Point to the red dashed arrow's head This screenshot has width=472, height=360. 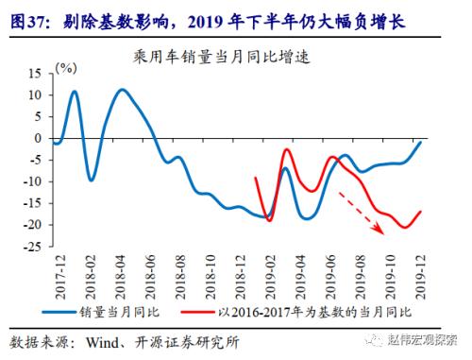tap(383, 231)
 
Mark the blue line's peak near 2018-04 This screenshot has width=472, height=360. tap(123, 90)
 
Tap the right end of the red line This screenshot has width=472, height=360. tap(420, 212)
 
